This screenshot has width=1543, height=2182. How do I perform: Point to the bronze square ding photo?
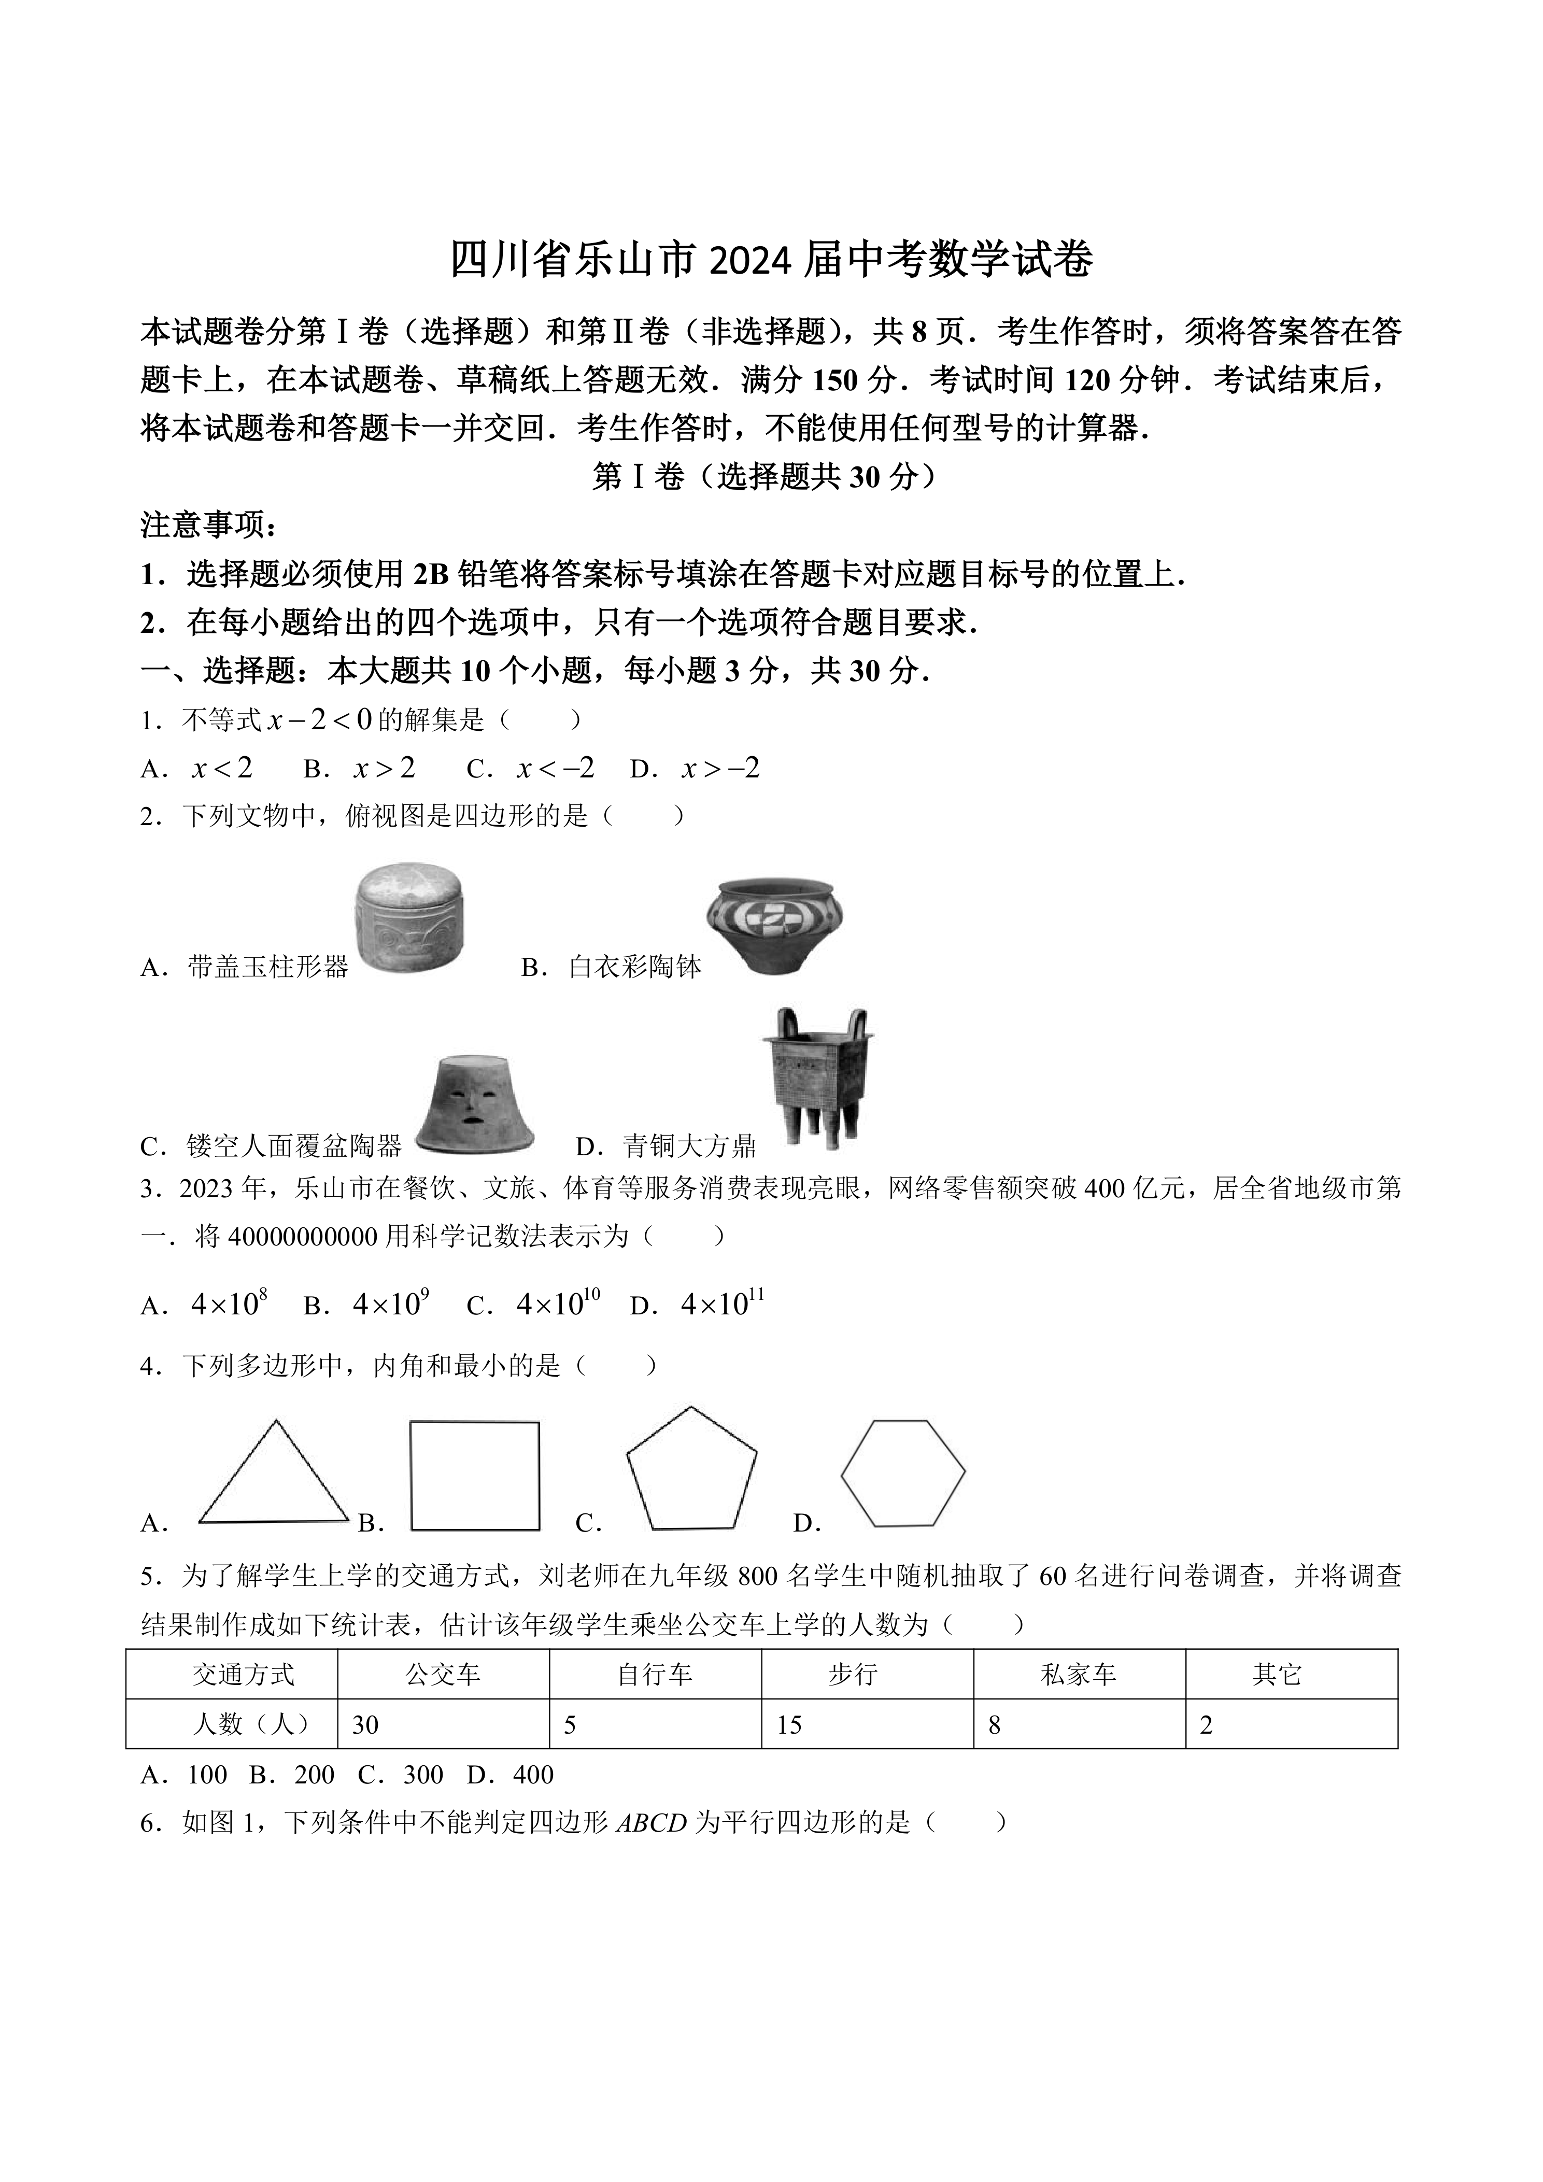pyautogui.click(x=817, y=1079)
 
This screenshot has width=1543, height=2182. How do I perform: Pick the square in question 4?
pyautogui.click(x=475, y=1476)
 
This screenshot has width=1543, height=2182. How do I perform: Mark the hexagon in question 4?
pyautogui.click(x=902, y=1473)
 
